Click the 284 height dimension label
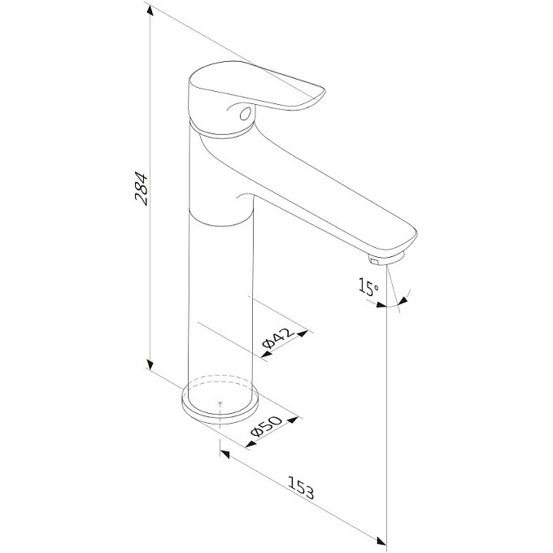tap(142, 189)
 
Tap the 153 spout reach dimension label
tap(301, 488)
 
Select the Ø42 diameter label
tap(278, 337)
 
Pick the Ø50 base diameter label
tap(266, 426)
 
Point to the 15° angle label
tap(368, 287)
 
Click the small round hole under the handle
tap(245, 114)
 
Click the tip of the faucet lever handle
tap(323, 92)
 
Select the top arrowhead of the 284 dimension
tap(150, 11)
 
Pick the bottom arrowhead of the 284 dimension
tap(150, 365)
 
